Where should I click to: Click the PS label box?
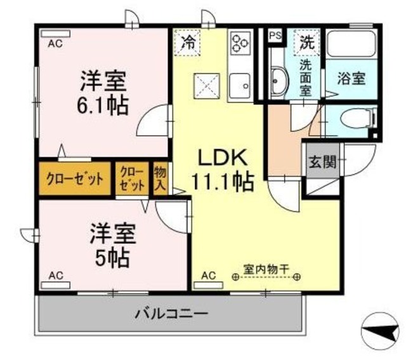pyautogui.click(x=275, y=36)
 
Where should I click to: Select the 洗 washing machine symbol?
pyautogui.click(x=307, y=43)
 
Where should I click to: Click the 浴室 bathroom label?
pyautogui.click(x=351, y=80)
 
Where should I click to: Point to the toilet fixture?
pyautogui.click(x=359, y=118)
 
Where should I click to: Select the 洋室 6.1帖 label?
pyautogui.click(x=104, y=93)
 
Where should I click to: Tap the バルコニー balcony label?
pyautogui.click(x=171, y=313)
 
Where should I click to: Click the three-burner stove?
pyautogui.click(x=240, y=43)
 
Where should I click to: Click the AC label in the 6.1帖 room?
pyautogui.click(x=56, y=43)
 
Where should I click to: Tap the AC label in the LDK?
pyautogui.click(x=208, y=276)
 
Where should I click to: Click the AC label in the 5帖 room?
pyautogui.click(x=56, y=276)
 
